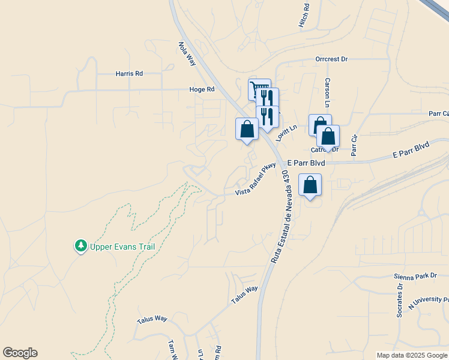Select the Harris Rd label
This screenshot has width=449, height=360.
pos(129,74)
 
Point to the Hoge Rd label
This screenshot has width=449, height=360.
pos(202,89)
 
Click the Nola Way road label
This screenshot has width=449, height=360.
pos(187,53)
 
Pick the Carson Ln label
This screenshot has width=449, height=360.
pos(328,92)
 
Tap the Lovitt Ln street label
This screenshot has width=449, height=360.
pos(286,133)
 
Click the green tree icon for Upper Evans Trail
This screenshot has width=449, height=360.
pos(81,245)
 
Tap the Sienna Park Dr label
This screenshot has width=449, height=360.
pos(415,276)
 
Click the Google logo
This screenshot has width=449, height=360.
pos(20,353)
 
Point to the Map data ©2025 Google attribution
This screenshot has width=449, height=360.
pos(412,355)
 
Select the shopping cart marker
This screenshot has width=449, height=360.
pos(259,90)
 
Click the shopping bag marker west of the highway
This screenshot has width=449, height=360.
pos(247,129)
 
